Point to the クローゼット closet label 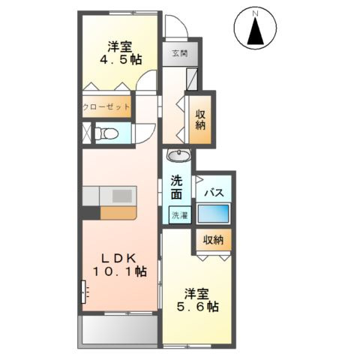coord(106,107)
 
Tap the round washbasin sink coord(178,157)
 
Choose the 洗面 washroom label coord(177,187)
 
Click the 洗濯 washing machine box coord(178,216)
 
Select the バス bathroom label coord(214,192)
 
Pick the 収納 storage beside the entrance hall coord(201,118)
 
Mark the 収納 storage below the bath coord(214,240)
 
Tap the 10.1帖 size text coord(119,271)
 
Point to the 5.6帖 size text coord(198,306)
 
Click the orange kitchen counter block coord(117,212)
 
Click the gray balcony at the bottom coord(118,330)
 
